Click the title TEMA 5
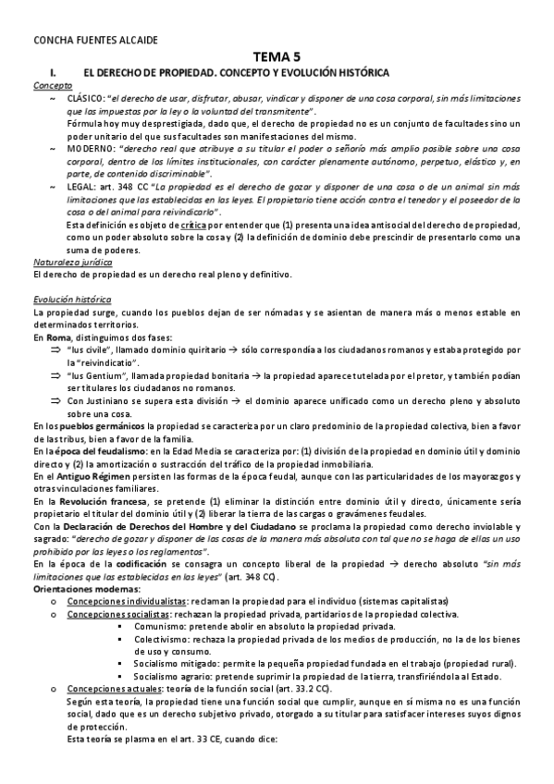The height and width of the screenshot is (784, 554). tap(276, 56)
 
